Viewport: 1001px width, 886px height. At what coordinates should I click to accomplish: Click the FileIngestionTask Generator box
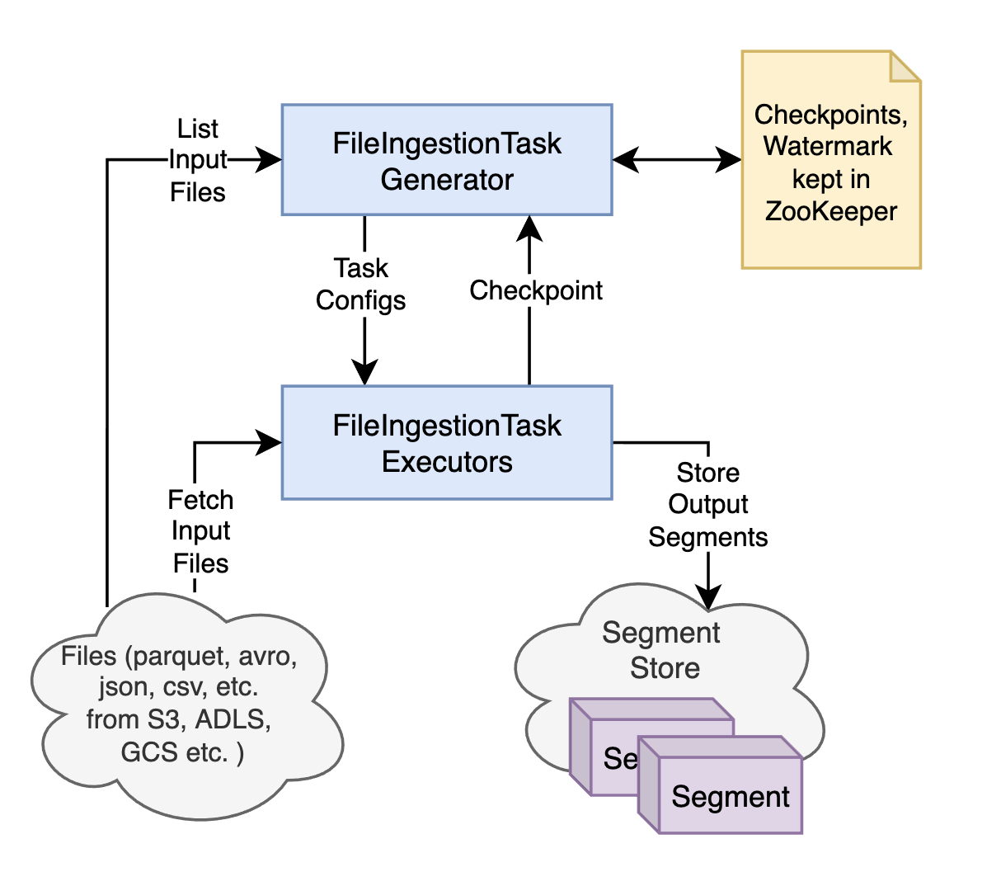(x=446, y=160)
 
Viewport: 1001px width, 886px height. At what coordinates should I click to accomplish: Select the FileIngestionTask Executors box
(x=446, y=442)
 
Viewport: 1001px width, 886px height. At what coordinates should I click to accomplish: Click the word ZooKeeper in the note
(x=830, y=212)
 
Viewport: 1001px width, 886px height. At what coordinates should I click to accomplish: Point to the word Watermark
(x=828, y=147)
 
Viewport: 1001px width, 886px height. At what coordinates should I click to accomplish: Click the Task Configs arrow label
(x=361, y=285)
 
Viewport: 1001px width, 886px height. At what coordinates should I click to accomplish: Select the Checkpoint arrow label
(x=536, y=290)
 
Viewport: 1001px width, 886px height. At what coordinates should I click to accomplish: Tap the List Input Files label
(x=198, y=161)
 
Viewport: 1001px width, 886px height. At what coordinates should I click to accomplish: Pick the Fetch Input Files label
(x=200, y=532)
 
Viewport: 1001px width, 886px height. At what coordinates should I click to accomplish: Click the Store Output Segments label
(x=708, y=505)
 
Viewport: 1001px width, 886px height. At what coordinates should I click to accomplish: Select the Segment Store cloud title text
(x=662, y=650)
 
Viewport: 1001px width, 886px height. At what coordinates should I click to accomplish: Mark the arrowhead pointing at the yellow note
(x=729, y=160)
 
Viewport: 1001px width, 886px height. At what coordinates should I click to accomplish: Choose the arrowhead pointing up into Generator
(x=529, y=226)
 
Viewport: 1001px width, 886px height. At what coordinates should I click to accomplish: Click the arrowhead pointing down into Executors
(x=364, y=373)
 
